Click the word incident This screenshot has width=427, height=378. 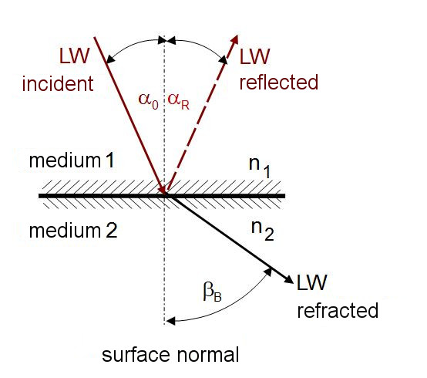tap(58, 84)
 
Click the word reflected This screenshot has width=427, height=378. tap(278, 82)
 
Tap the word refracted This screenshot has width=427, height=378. tap(338, 310)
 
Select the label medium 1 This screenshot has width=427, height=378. tap(72, 160)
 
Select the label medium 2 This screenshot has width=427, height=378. tap(73, 231)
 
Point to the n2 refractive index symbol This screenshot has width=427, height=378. tap(262, 231)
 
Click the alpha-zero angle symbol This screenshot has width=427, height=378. tap(149, 101)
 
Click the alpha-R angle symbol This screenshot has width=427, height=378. tap(178, 101)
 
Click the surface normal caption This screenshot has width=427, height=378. tap(170, 355)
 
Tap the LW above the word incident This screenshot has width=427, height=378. tap(74, 56)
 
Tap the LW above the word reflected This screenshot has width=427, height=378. tap(254, 56)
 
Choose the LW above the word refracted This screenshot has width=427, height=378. tap(311, 282)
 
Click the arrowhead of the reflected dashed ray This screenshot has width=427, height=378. tap(234, 39)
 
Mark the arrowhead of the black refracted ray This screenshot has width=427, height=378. tap(289, 278)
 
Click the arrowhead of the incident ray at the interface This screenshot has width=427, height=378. tap(163, 190)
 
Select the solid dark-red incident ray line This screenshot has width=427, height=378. tap(129, 115)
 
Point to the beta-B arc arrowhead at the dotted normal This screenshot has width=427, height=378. tap(170, 322)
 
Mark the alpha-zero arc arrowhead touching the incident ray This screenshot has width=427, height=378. tap(110, 59)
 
